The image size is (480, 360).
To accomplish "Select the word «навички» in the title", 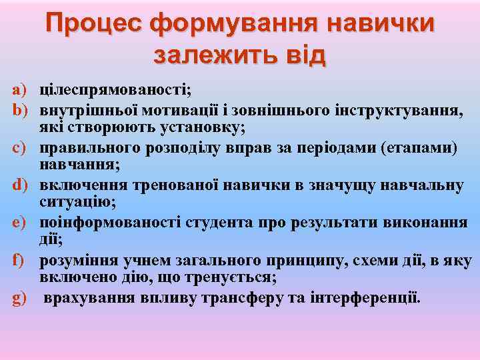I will tap(380, 23).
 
